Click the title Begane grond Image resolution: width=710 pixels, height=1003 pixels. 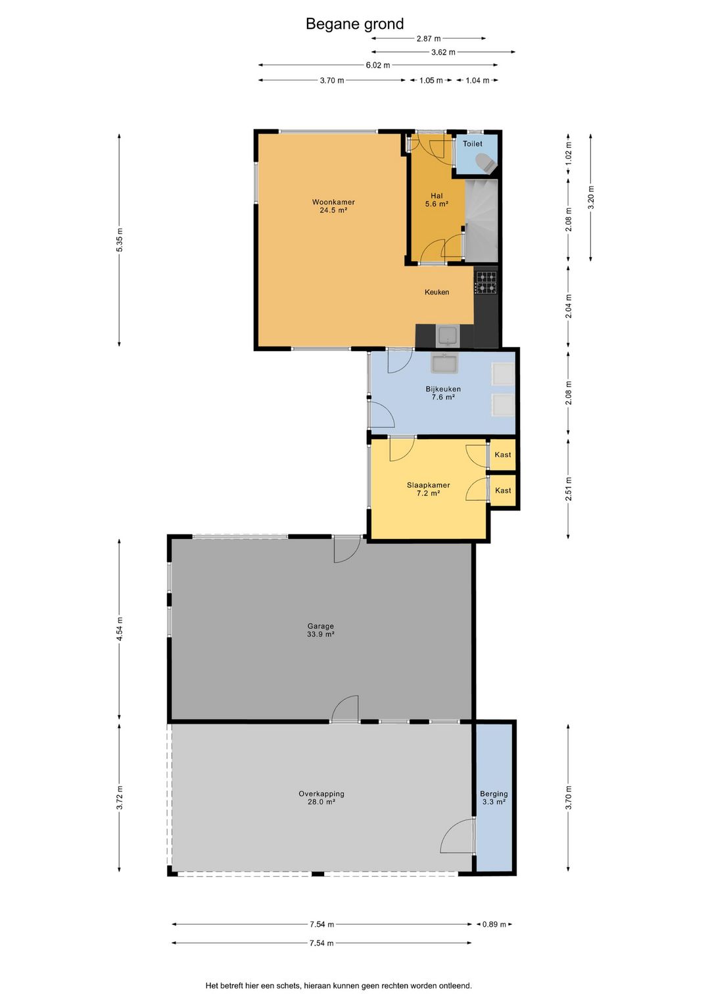click(x=354, y=24)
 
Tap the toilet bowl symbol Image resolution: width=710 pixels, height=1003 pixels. click(x=485, y=162)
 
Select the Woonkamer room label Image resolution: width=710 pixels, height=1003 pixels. click(x=333, y=206)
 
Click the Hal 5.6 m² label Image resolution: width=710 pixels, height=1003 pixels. click(x=437, y=200)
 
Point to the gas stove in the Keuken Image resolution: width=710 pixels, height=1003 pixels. click(x=486, y=283)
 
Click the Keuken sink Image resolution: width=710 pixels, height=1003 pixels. click(x=448, y=337)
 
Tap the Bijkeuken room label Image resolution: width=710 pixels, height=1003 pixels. click(x=443, y=392)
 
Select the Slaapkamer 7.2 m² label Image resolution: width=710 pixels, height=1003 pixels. click(x=428, y=489)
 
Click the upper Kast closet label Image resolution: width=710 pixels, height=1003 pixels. click(x=503, y=454)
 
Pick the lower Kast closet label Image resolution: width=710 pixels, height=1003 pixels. click(x=503, y=490)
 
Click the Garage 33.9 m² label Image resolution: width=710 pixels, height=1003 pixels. click(x=320, y=630)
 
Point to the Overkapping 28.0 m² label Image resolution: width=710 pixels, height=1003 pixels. click(x=321, y=797)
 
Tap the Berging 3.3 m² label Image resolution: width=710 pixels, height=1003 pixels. click(x=494, y=797)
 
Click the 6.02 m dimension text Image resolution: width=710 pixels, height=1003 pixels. click(x=377, y=65)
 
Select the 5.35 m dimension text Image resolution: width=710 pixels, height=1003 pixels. click(x=119, y=240)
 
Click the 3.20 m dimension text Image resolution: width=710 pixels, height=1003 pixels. click(x=591, y=197)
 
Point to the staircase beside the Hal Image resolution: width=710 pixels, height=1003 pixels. click(x=481, y=220)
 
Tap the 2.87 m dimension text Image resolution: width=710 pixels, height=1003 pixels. click(x=429, y=39)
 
